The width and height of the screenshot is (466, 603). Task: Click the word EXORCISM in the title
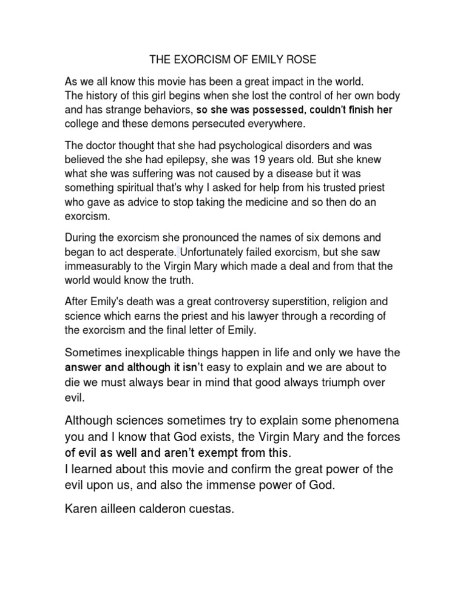click(x=196, y=60)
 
